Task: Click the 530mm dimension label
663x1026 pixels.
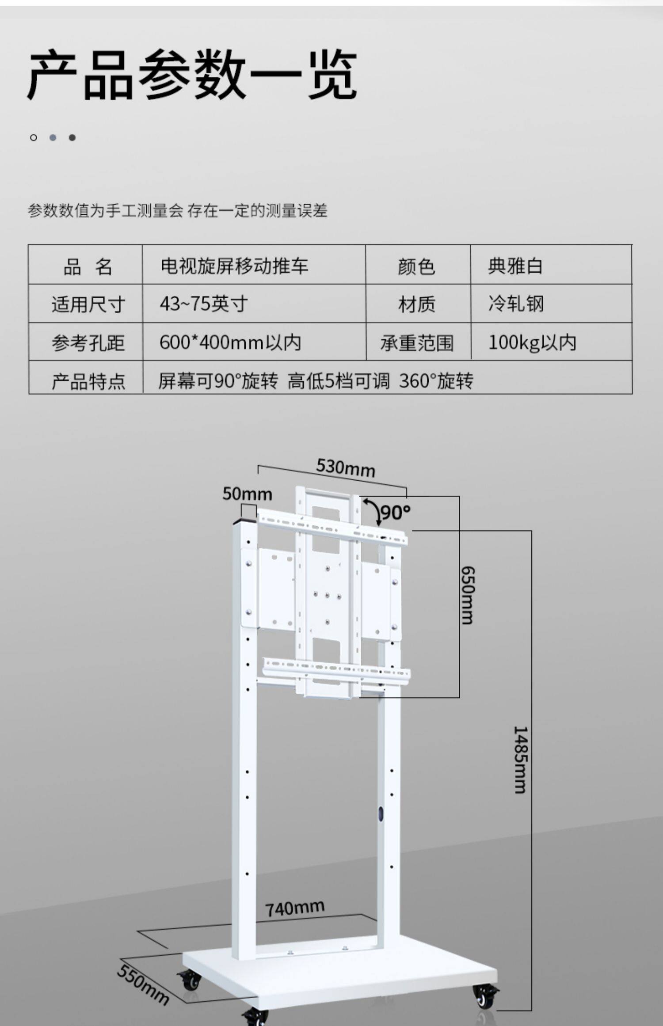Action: point(346,467)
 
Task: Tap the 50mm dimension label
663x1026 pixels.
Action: point(247,494)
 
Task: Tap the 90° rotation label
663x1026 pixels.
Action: point(395,513)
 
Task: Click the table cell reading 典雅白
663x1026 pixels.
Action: point(515,266)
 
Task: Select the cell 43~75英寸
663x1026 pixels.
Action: point(204,304)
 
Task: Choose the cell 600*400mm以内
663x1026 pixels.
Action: point(230,342)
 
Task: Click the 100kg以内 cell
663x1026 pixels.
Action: point(532,342)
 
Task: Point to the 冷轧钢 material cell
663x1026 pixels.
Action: point(516,304)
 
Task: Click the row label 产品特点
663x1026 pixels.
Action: point(88,381)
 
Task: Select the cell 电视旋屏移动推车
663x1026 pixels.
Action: point(234,266)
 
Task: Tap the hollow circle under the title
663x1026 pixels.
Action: point(34,137)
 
